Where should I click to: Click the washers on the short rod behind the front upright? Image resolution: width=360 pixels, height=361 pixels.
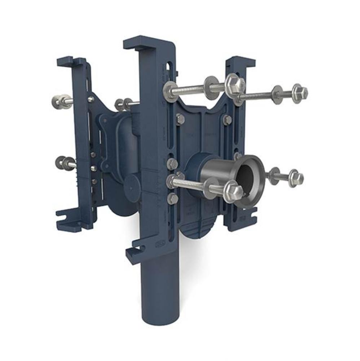click(122, 104)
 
